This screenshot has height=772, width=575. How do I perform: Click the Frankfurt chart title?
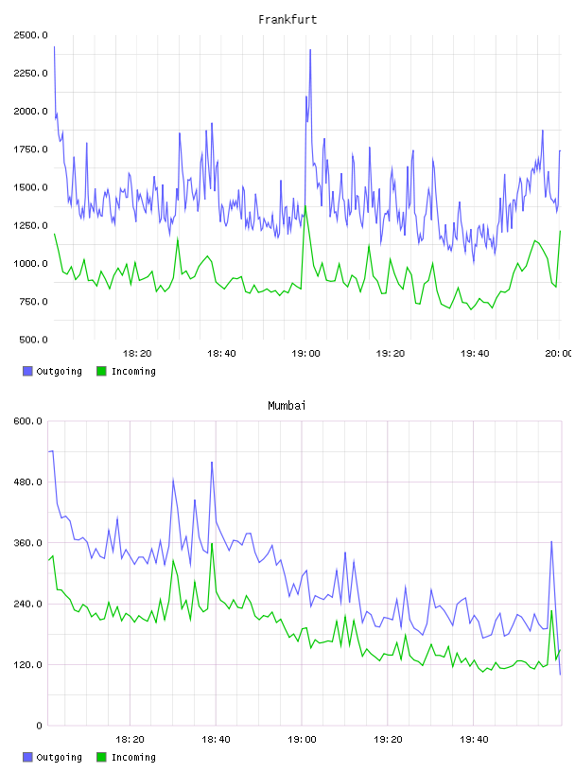pyautogui.click(x=287, y=20)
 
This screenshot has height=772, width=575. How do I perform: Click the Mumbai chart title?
pyautogui.click(x=287, y=405)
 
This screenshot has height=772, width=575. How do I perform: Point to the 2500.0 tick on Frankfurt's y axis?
pyautogui.click(x=30, y=35)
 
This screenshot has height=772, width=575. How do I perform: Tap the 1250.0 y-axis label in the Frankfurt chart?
pyautogui.click(x=30, y=225)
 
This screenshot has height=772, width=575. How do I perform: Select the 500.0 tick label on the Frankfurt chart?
pyautogui.click(x=33, y=340)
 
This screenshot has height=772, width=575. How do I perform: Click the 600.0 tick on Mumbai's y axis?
pyautogui.click(x=27, y=421)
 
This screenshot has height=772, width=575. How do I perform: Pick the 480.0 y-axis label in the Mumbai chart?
pyautogui.click(x=27, y=482)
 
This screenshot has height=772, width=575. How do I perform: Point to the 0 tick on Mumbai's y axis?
pyautogui.click(x=39, y=726)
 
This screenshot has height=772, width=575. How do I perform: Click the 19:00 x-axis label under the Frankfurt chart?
pyautogui.click(x=305, y=354)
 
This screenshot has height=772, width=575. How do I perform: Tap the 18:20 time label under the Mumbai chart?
pyautogui.click(x=130, y=740)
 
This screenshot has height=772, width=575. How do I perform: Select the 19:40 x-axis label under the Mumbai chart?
pyautogui.click(x=474, y=740)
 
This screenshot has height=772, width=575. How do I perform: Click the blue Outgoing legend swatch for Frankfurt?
pyautogui.click(x=27, y=371)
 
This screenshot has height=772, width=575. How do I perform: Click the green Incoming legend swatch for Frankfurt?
pyautogui.click(x=101, y=371)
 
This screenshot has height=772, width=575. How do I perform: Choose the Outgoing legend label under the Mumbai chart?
pyautogui.click(x=59, y=757)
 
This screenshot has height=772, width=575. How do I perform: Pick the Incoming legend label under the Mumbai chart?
pyautogui.click(x=133, y=757)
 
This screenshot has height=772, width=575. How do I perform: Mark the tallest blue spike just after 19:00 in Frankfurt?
pyautogui.click(x=310, y=50)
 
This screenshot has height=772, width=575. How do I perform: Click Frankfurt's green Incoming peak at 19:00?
pyautogui.click(x=305, y=206)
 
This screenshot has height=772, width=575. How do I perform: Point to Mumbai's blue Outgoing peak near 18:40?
pyautogui.click(x=212, y=463)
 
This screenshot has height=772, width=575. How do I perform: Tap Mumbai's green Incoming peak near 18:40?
pyautogui.click(x=212, y=544)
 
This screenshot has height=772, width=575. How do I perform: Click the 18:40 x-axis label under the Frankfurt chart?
pyautogui.click(x=221, y=354)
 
